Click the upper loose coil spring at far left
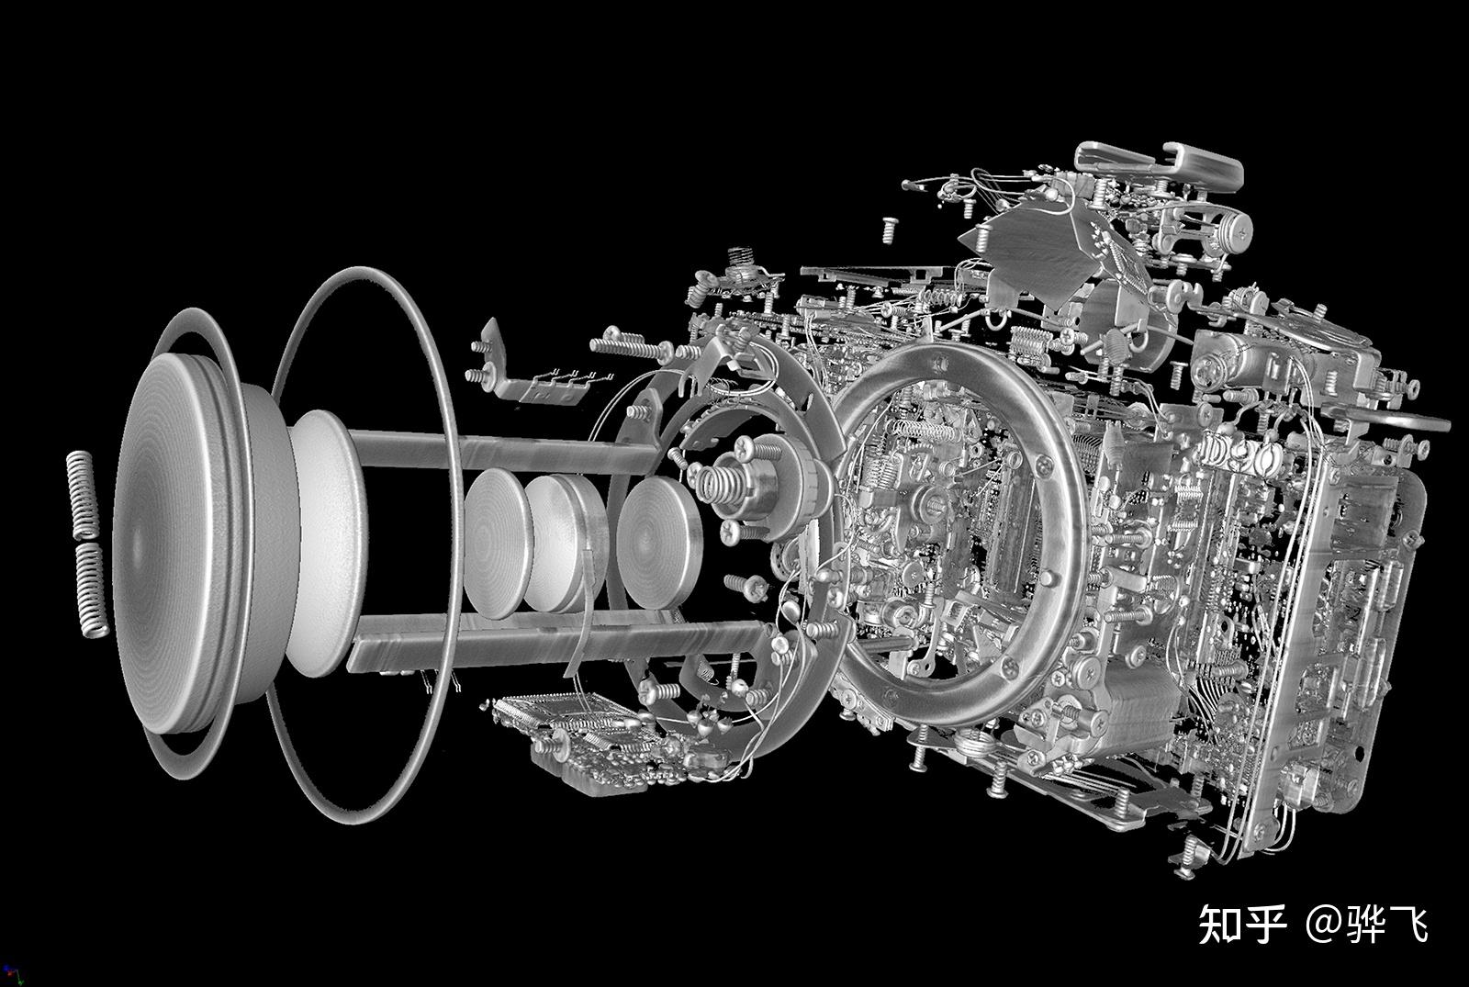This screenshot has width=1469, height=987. point(83,494)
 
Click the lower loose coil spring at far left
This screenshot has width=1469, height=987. point(91,588)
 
